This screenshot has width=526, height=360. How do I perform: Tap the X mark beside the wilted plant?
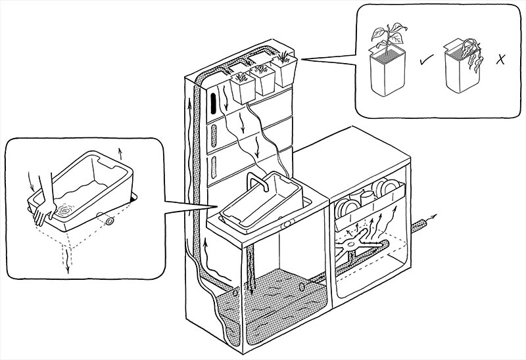coord(502,60)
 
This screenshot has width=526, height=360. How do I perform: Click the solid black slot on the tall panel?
coord(214,103)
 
